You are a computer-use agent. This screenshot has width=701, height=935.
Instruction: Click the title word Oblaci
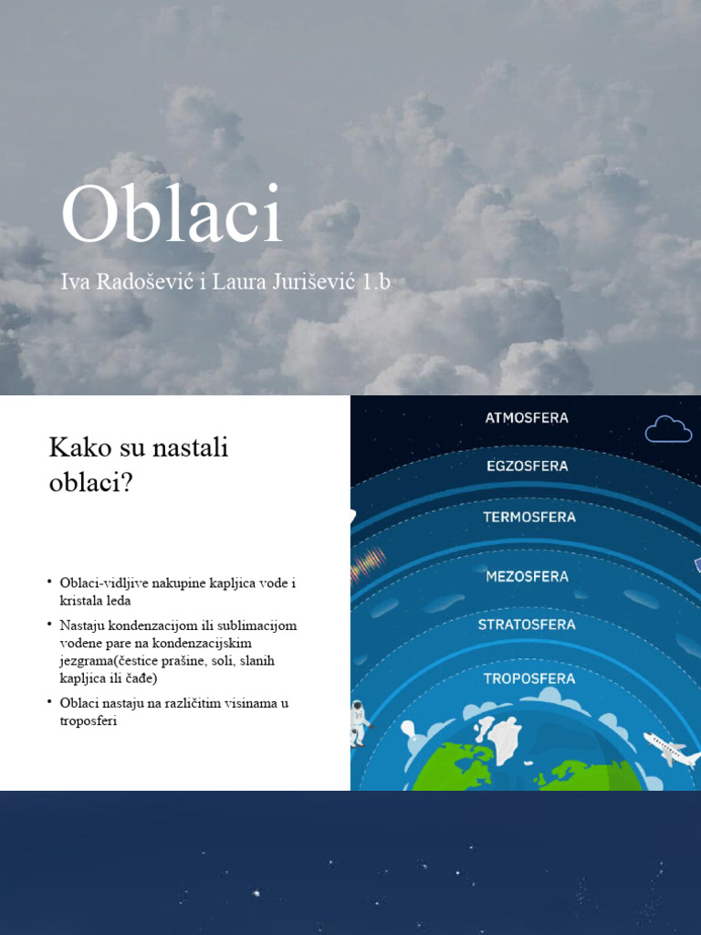(x=172, y=216)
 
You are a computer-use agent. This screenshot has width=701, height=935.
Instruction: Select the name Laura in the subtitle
(x=237, y=282)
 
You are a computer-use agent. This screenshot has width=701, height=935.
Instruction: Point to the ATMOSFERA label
(x=527, y=418)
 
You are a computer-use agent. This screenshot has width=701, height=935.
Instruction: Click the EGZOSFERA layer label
(x=527, y=466)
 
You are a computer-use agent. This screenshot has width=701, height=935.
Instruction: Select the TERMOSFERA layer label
(x=529, y=517)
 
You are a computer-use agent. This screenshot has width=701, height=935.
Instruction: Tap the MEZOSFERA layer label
(x=527, y=576)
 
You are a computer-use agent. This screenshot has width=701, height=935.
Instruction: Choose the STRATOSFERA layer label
(x=527, y=625)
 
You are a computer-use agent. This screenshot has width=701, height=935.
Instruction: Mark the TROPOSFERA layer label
(x=528, y=678)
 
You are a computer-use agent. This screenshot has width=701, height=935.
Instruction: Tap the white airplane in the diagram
(x=671, y=750)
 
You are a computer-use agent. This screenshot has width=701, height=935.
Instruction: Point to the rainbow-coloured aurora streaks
(x=370, y=560)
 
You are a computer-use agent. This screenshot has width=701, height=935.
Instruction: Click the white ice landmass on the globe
(x=503, y=738)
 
